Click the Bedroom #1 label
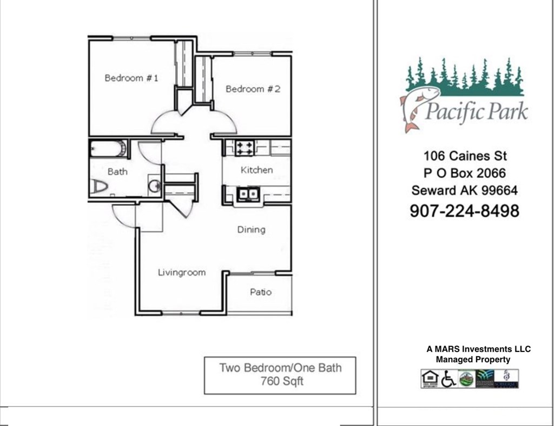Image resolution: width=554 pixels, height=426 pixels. pos(131,78)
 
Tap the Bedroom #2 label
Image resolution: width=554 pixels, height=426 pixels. pos(253,89)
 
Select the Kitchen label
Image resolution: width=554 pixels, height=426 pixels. pos(256,170)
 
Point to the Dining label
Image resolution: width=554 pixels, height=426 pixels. pos(251,229)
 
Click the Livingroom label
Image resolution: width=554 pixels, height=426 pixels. pos(181,272)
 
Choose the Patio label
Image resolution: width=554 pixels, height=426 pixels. pos(260,292)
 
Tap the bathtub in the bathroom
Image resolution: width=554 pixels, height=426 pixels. pos(108,149)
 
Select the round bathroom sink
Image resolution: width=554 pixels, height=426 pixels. pos(154,187)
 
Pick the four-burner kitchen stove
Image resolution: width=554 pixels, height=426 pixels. pos(245,148)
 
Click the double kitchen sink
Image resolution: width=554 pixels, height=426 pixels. pos(248,193)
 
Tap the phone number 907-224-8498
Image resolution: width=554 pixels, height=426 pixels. pos(464,210)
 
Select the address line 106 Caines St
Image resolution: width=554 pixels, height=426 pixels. pos(465,156)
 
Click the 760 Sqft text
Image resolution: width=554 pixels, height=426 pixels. pos(280,381)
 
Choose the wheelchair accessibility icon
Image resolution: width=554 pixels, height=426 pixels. pos(448,379)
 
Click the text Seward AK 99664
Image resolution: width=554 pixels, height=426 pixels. pos(464,190)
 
